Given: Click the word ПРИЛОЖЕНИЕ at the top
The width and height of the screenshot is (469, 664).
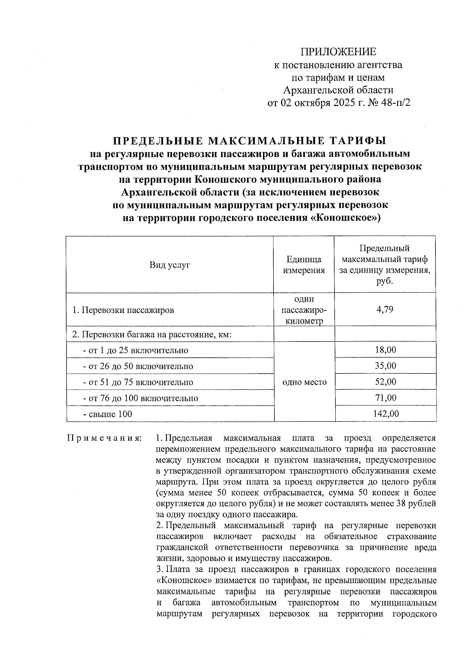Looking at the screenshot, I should coord(338,52).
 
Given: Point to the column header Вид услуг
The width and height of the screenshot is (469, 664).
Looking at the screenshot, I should coord(170,265).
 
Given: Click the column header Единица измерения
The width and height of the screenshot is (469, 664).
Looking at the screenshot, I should coord(304,265).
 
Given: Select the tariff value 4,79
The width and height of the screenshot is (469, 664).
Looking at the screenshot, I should coord(385,310).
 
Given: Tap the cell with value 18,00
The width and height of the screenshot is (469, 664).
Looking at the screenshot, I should coord(385,350).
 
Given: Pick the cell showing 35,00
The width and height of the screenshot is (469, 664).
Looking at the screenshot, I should coord(385,366).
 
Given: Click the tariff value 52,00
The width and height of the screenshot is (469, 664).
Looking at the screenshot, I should coord(385,382).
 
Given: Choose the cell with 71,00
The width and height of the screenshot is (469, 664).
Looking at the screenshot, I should coord(385,398).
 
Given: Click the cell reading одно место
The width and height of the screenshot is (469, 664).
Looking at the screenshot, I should coord(304,382).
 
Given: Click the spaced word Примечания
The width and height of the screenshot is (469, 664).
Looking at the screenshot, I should coord(104,437).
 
